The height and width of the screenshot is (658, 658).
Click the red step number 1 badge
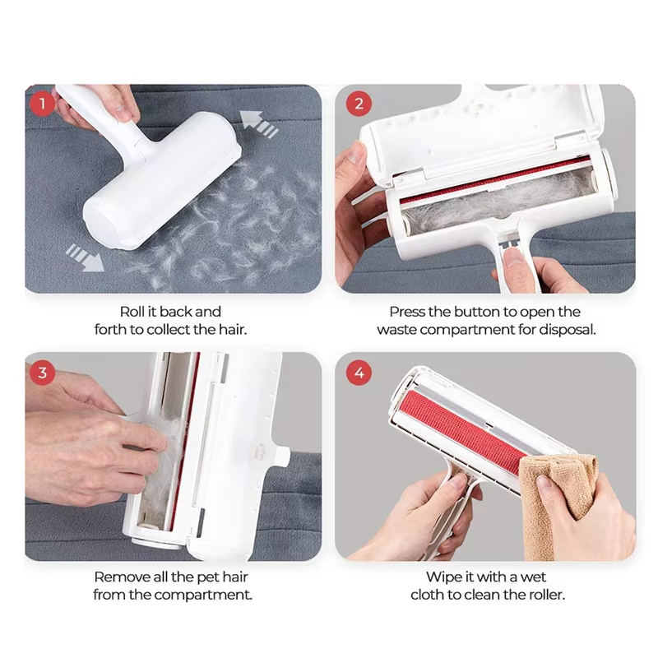click(x=42, y=104)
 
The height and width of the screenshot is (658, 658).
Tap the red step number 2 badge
click(x=358, y=104)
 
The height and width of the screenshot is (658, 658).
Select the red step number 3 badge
click(x=42, y=373)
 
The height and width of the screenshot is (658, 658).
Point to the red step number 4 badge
click(x=358, y=373)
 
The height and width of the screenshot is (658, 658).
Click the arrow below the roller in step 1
click(x=86, y=257)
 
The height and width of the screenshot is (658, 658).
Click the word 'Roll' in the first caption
click(x=132, y=312)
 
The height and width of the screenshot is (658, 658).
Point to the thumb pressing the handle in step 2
click(x=513, y=262)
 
